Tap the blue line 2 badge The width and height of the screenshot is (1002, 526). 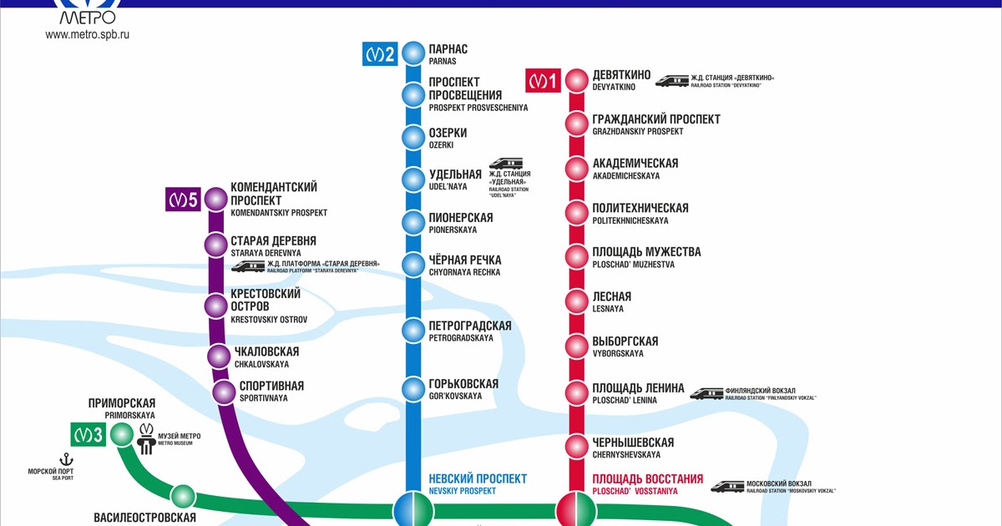point(379,55)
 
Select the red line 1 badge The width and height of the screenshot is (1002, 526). point(543,81)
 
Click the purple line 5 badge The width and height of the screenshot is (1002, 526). point(183,200)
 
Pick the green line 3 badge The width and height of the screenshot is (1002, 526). point(87,434)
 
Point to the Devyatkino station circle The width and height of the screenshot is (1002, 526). point(576,81)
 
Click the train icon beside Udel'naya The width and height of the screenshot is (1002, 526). point(504,165)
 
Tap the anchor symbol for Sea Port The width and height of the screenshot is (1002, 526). point(65,459)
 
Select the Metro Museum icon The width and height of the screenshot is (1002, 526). point(146,437)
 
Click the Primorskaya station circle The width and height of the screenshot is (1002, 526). point(122,433)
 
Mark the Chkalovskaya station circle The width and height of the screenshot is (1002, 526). point(219,357)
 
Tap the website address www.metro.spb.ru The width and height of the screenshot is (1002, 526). point(88,35)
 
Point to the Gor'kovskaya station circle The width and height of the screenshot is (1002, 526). point(413,388)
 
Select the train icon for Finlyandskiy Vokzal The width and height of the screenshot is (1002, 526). point(706,392)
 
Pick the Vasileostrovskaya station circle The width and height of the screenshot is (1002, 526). point(183,496)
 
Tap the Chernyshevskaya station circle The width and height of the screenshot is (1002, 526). point(576,447)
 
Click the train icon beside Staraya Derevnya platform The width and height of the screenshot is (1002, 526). point(248,266)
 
